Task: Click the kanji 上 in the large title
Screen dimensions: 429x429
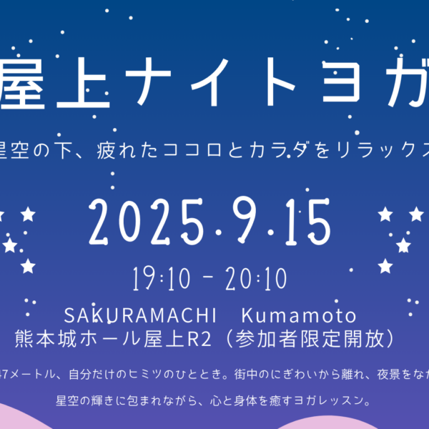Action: point(83,83)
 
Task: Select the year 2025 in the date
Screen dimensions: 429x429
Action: point(147,222)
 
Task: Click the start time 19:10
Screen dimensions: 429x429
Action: point(161,279)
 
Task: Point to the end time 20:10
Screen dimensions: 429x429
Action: point(257,279)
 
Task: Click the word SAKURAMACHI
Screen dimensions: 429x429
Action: point(140,315)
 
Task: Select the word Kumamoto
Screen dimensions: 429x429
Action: point(299,315)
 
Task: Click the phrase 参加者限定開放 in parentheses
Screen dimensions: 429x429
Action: point(309,340)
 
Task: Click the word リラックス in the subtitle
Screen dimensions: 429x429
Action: point(383,150)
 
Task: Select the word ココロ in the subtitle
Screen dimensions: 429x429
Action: point(192,150)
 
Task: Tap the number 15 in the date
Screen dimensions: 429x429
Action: point(307,222)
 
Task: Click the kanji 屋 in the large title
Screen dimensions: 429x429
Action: point(21,83)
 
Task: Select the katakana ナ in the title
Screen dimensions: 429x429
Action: point(148,82)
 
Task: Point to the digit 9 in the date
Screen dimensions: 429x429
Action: point(245,220)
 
